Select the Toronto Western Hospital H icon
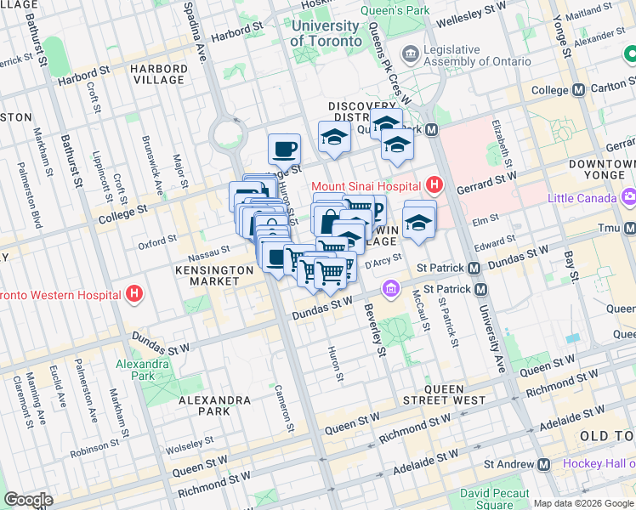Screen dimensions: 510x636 133,295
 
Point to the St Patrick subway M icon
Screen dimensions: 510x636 474,267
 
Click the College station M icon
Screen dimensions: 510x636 578,90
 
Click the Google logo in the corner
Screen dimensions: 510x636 28,500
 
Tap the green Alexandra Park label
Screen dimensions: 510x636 136,369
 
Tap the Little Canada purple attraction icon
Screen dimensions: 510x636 629,197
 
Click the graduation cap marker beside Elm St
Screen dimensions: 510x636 419,221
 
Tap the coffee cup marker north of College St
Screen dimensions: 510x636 284,150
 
